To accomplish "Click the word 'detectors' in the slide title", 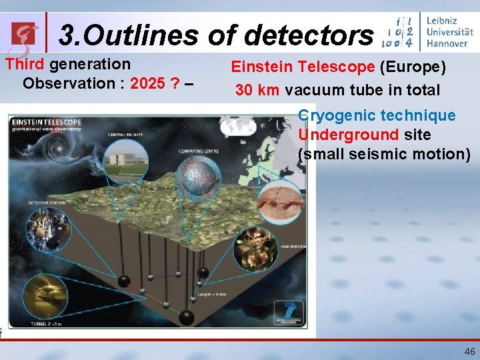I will [309, 35].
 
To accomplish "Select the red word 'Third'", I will [25, 65].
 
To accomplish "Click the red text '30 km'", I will [257, 90].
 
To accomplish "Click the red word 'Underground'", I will [348, 135].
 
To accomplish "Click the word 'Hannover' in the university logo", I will [447, 43].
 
